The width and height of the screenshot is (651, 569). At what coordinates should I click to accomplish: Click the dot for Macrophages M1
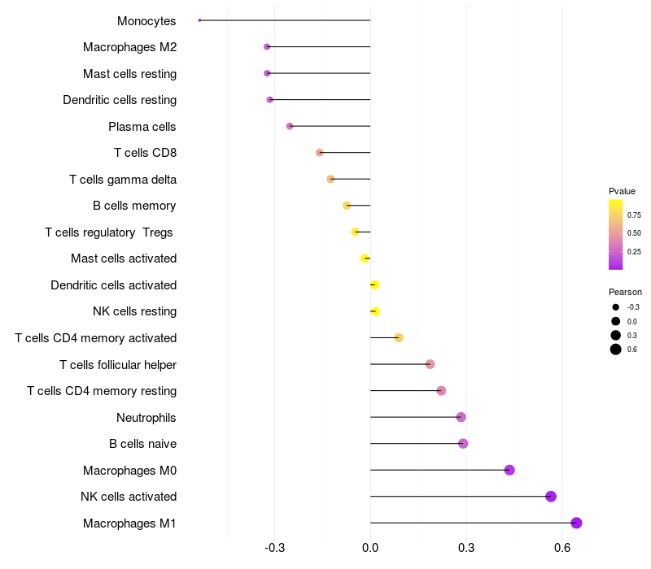click(576, 523)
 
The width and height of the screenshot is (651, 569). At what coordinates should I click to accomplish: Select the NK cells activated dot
click(551, 497)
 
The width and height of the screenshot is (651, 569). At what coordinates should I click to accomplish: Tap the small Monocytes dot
click(199, 20)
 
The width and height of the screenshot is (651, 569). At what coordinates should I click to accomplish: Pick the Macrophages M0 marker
click(509, 470)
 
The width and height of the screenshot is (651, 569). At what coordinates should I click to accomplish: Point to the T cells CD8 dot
click(320, 153)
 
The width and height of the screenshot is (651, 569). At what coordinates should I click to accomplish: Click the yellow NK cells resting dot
click(375, 311)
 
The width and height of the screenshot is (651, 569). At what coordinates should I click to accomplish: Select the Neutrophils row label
click(146, 418)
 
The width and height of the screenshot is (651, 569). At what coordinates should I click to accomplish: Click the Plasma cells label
click(142, 127)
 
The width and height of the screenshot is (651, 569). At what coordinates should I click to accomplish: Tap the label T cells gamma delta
click(123, 180)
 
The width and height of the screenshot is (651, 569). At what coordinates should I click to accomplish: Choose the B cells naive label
click(142, 444)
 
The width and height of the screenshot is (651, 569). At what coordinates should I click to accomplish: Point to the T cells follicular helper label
click(118, 365)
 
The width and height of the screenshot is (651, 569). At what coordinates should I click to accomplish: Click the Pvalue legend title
click(622, 191)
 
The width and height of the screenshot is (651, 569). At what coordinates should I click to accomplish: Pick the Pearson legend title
click(625, 292)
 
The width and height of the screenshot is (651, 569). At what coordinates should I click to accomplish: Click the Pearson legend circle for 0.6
click(616, 350)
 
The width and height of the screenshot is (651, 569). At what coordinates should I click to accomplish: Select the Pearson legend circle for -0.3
click(616, 307)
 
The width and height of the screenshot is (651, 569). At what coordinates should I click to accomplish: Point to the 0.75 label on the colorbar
click(634, 215)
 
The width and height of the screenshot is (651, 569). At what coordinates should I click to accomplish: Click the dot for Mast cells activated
click(365, 258)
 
